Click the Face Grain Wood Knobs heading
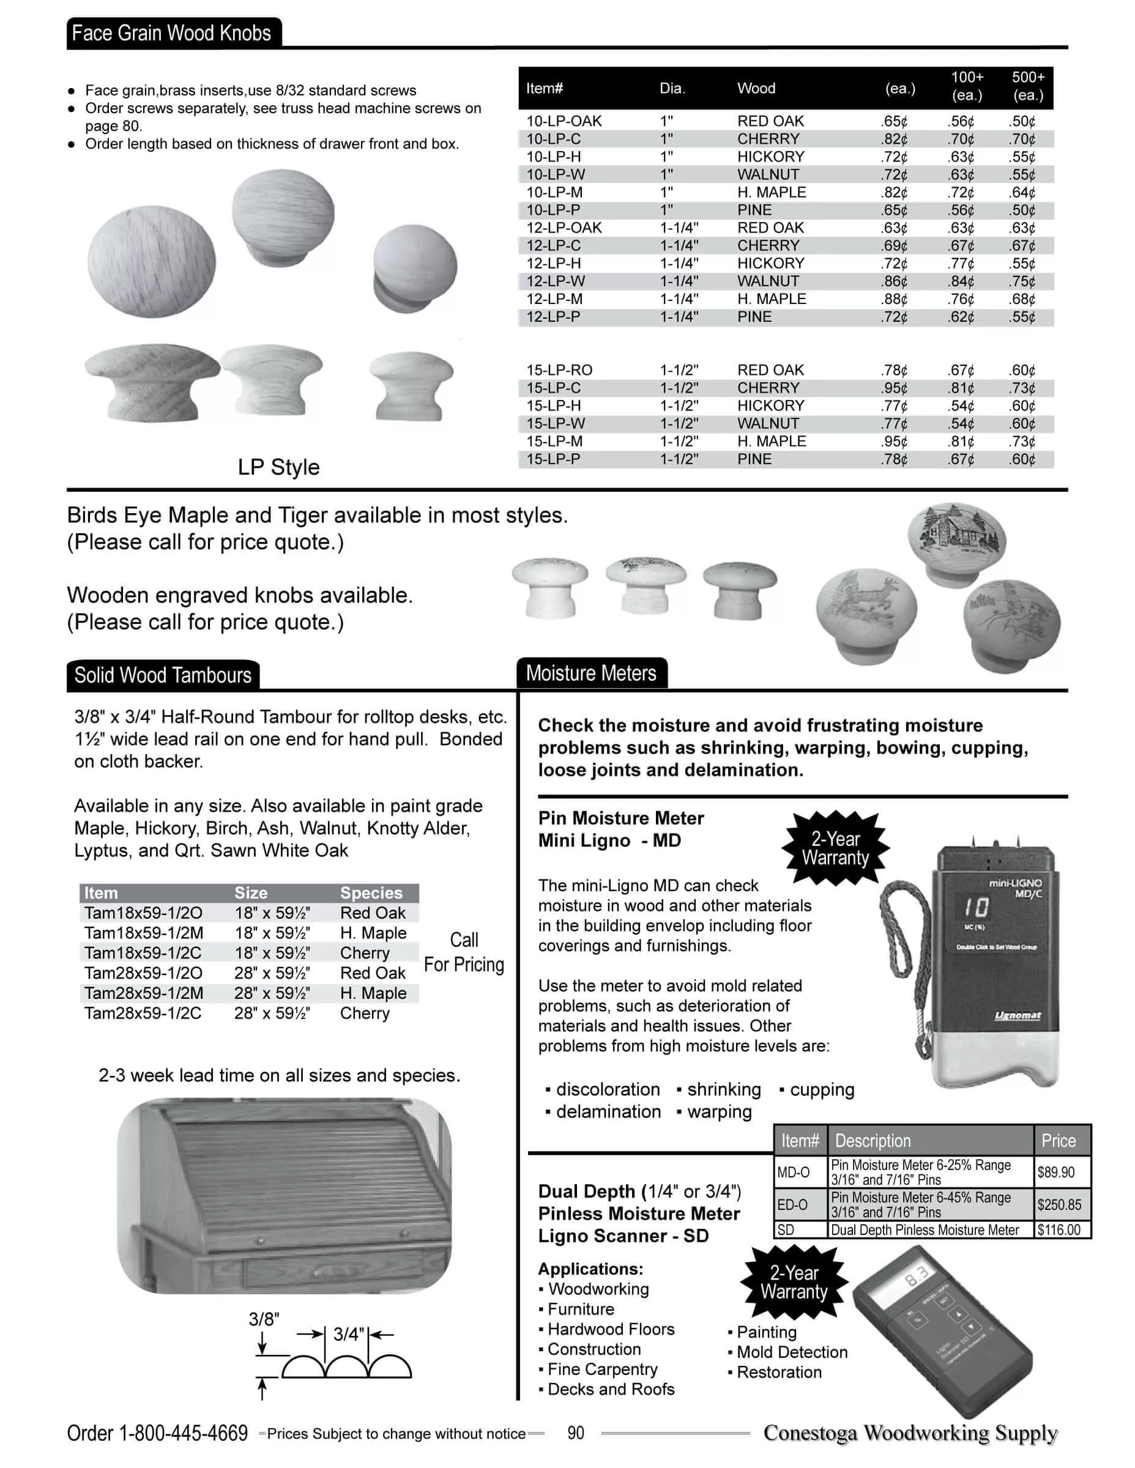[x=171, y=33]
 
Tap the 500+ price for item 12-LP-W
[x=1021, y=281]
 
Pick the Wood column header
[x=756, y=88]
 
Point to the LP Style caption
[x=278, y=467]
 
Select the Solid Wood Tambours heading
[x=163, y=675]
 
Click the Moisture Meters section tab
[x=591, y=673]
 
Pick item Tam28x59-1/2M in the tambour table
[x=143, y=993]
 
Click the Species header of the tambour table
[x=371, y=892]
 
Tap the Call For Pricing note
[x=464, y=952]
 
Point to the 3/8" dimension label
[x=264, y=1319]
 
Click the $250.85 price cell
[x=1059, y=1204]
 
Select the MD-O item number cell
[x=794, y=1172]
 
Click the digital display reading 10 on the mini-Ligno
[x=976, y=908]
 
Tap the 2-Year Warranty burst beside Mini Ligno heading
[x=835, y=848]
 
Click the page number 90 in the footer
[x=576, y=1433]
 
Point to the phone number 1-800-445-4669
[x=183, y=1433]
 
